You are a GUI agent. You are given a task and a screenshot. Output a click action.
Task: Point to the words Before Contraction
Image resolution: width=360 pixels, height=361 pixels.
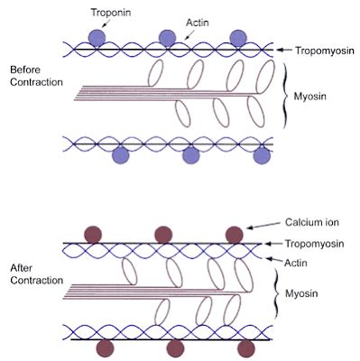[35, 76]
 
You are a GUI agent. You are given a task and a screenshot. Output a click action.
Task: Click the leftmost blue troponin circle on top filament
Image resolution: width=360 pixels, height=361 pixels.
[97, 37]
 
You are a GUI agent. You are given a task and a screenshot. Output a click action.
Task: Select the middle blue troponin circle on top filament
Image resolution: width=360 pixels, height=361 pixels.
[167, 37]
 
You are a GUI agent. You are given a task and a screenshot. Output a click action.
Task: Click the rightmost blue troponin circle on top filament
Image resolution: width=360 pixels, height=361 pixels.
[237, 37]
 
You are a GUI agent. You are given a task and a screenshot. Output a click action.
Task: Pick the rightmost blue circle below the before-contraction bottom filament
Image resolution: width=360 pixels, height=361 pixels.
[262, 156]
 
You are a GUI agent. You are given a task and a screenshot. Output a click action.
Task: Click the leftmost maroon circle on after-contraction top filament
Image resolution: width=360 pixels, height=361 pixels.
[92, 234]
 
